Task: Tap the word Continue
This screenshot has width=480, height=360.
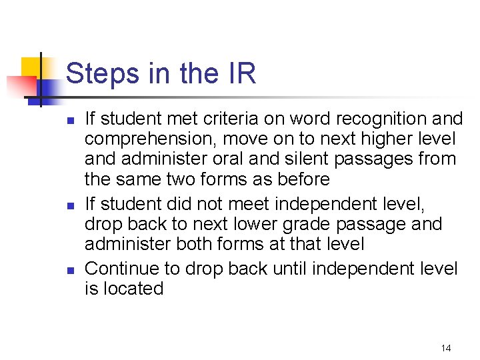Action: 123,269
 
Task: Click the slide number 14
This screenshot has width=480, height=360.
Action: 446,348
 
